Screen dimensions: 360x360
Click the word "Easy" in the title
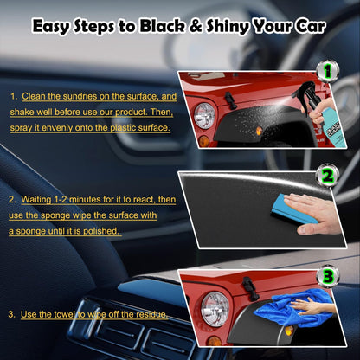[51, 27]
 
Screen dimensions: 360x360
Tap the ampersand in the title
[196, 26]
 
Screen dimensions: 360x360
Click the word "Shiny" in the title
[228, 27]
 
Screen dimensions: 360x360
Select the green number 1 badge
[327, 72]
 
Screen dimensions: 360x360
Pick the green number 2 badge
[327, 176]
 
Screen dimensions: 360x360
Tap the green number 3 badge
[327, 277]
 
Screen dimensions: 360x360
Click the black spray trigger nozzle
[307, 93]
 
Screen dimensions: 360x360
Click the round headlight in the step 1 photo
[204, 116]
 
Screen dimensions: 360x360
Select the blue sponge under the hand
[292, 209]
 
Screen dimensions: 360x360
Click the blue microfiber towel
[292, 309]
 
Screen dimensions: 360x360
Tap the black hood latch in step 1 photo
[231, 100]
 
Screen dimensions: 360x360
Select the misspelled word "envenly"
[57, 128]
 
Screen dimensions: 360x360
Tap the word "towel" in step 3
[65, 314]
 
